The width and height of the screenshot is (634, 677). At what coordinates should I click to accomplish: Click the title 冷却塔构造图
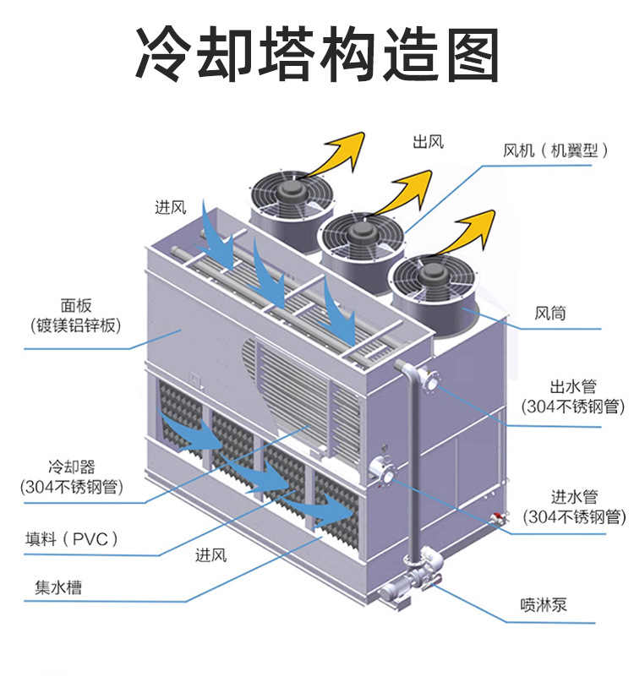(317, 52)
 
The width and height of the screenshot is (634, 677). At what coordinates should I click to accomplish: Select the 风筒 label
(550, 314)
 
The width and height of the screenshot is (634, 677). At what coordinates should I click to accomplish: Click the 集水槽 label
(58, 587)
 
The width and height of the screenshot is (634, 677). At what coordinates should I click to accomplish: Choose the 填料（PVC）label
(72, 538)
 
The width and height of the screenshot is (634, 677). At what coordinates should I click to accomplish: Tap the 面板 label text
(76, 306)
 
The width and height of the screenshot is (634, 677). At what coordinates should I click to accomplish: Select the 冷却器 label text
(72, 467)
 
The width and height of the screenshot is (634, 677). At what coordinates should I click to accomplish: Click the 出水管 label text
(573, 387)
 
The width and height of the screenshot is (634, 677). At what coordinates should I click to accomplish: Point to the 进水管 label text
(574, 497)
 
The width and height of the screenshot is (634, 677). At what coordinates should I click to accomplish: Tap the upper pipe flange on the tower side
(429, 381)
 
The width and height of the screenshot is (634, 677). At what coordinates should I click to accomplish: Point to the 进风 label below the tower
(210, 555)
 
